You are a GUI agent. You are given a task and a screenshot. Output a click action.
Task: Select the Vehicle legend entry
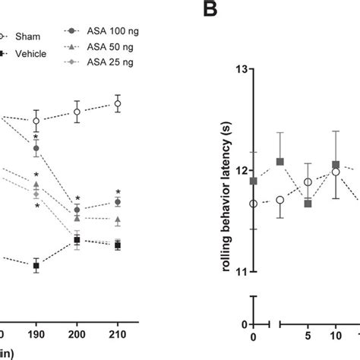point(29,52)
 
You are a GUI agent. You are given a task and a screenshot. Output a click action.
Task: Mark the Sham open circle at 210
point(118,103)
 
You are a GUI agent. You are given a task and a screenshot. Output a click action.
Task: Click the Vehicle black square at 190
point(36,266)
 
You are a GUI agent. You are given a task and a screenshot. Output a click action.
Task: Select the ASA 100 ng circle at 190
point(36,148)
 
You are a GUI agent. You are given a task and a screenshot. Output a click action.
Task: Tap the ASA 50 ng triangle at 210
point(118,219)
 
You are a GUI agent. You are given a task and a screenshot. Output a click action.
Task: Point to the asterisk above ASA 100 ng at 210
point(118,191)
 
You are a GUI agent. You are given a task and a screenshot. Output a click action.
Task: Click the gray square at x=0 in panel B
point(254,181)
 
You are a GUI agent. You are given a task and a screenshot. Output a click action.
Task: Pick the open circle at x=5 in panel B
point(308,182)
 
